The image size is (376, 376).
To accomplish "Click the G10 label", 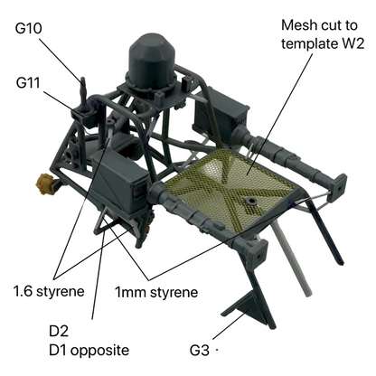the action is pos(28,28).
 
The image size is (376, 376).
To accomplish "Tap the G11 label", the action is pos(28,82).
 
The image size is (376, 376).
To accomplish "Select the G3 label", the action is pos(200,351).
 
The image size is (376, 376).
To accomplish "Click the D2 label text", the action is pos(59,331).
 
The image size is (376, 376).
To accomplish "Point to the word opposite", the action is pos(100,351).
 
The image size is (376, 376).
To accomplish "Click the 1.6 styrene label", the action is pos(49,292).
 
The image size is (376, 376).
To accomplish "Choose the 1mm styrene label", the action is pos(156,293).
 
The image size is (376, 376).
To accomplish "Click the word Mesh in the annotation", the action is pos(296,25).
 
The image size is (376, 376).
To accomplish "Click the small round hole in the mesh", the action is pos(250,202).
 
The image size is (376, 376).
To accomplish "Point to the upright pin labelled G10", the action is pos(83,93).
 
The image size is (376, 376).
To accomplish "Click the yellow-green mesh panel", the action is pos(228,187).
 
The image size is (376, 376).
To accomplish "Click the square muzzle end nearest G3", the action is pos(258,253).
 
